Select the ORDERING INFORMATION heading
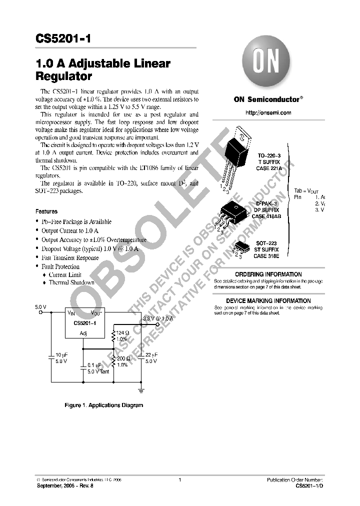(268, 274)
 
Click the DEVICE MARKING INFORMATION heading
(268, 301)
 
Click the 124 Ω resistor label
(122, 332)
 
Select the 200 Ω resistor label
(122, 358)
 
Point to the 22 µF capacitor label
(151, 354)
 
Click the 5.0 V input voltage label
(40, 306)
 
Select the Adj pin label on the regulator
(83, 333)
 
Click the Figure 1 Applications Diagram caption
(104, 405)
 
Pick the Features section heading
(46, 211)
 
